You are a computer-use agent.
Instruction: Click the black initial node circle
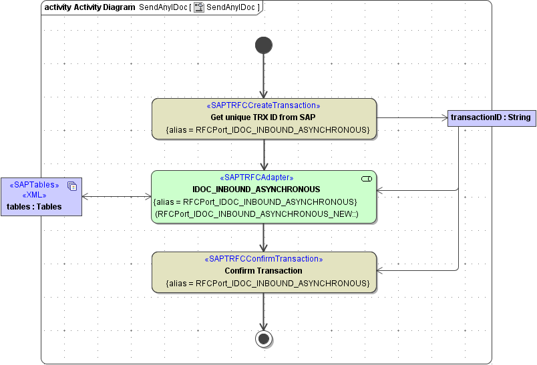click(264, 45)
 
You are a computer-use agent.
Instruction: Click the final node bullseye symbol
click(264, 339)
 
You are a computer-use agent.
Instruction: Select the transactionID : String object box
click(490, 117)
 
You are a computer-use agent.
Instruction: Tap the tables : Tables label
click(34, 207)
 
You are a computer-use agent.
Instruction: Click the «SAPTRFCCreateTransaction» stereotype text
click(264, 105)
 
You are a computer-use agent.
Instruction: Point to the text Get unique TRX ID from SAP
click(264, 117)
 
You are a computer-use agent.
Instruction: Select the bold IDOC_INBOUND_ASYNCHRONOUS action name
click(256, 190)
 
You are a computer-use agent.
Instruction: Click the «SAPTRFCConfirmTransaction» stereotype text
click(264, 259)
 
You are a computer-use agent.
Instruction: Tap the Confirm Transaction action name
click(264, 271)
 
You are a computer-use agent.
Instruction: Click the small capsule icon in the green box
click(366, 179)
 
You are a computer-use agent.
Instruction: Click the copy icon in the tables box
click(72, 186)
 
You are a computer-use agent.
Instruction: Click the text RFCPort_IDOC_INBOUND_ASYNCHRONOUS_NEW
click(256, 214)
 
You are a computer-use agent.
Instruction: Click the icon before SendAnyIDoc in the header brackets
click(198, 7)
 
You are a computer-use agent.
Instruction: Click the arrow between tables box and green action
click(117, 196)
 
